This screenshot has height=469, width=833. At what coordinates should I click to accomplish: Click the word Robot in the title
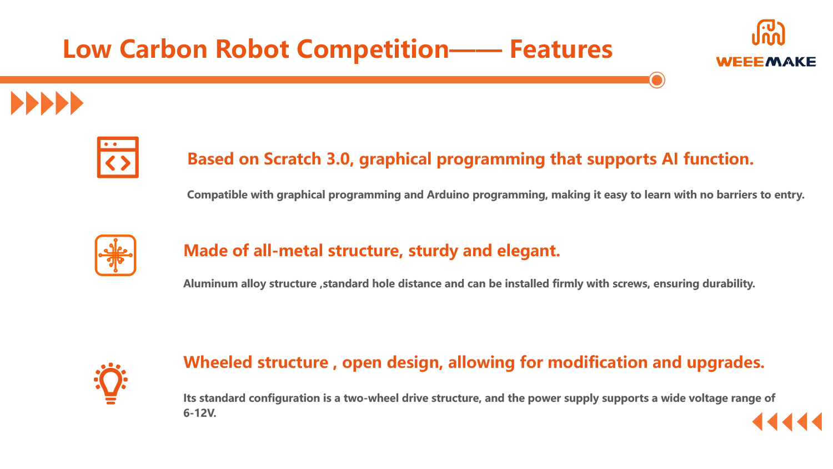pyautogui.click(x=252, y=49)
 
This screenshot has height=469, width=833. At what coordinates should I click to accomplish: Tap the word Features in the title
pyautogui.click(x=561, y=49)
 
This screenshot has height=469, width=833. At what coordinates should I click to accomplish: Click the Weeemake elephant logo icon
pyautogui.click(x=768, y=33)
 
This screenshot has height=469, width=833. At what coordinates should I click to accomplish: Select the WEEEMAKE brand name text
pyautogui.click(x=766, y=62)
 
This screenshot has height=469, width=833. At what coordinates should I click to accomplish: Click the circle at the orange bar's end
pyautogui.click(x=657, y=81)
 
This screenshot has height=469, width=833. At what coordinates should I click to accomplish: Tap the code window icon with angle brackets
pyautogui.click(x=118, y=157)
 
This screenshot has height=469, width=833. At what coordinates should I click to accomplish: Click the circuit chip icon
pyautogui.click(x=116, y=255)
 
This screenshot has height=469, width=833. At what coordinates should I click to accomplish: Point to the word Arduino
pyautogui.click(x=448, y=194)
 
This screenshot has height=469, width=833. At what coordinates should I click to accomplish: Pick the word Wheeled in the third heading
pyautogui.click(x=218, y=362)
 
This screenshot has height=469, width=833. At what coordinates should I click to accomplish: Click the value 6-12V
pyautogui.click(x=199, y=413)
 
